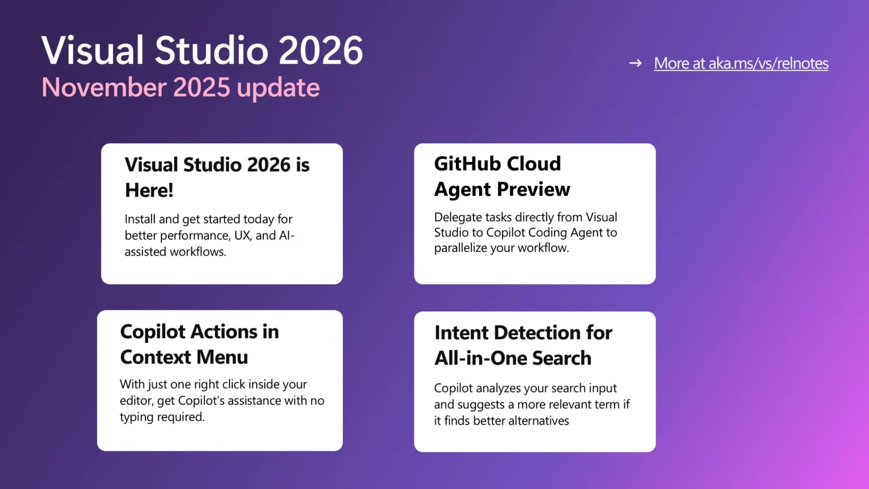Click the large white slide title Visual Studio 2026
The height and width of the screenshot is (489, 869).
coord(202,50)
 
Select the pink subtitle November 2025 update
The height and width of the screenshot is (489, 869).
coord(180,88)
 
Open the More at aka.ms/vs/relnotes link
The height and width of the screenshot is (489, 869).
coord(741,63)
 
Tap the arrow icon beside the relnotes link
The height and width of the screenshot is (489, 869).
coord(635,63)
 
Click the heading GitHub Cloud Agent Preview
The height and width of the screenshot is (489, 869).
coord(502,176)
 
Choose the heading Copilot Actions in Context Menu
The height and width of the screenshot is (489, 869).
coord(199,344)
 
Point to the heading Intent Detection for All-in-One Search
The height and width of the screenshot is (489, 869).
coord(523,345)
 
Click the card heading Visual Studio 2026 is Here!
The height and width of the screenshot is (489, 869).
coord(217,177)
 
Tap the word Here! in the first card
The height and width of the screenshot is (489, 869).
coord(149,190)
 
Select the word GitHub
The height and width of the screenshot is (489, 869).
coord(462,164)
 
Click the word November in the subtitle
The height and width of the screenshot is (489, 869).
coord(104,88)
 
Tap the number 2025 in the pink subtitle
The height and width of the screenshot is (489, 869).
coord(201,88)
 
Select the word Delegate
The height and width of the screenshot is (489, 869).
coord(457,217)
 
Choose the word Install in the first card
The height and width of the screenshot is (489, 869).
coord(139,219)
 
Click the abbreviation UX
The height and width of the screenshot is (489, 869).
coord(242,235)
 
